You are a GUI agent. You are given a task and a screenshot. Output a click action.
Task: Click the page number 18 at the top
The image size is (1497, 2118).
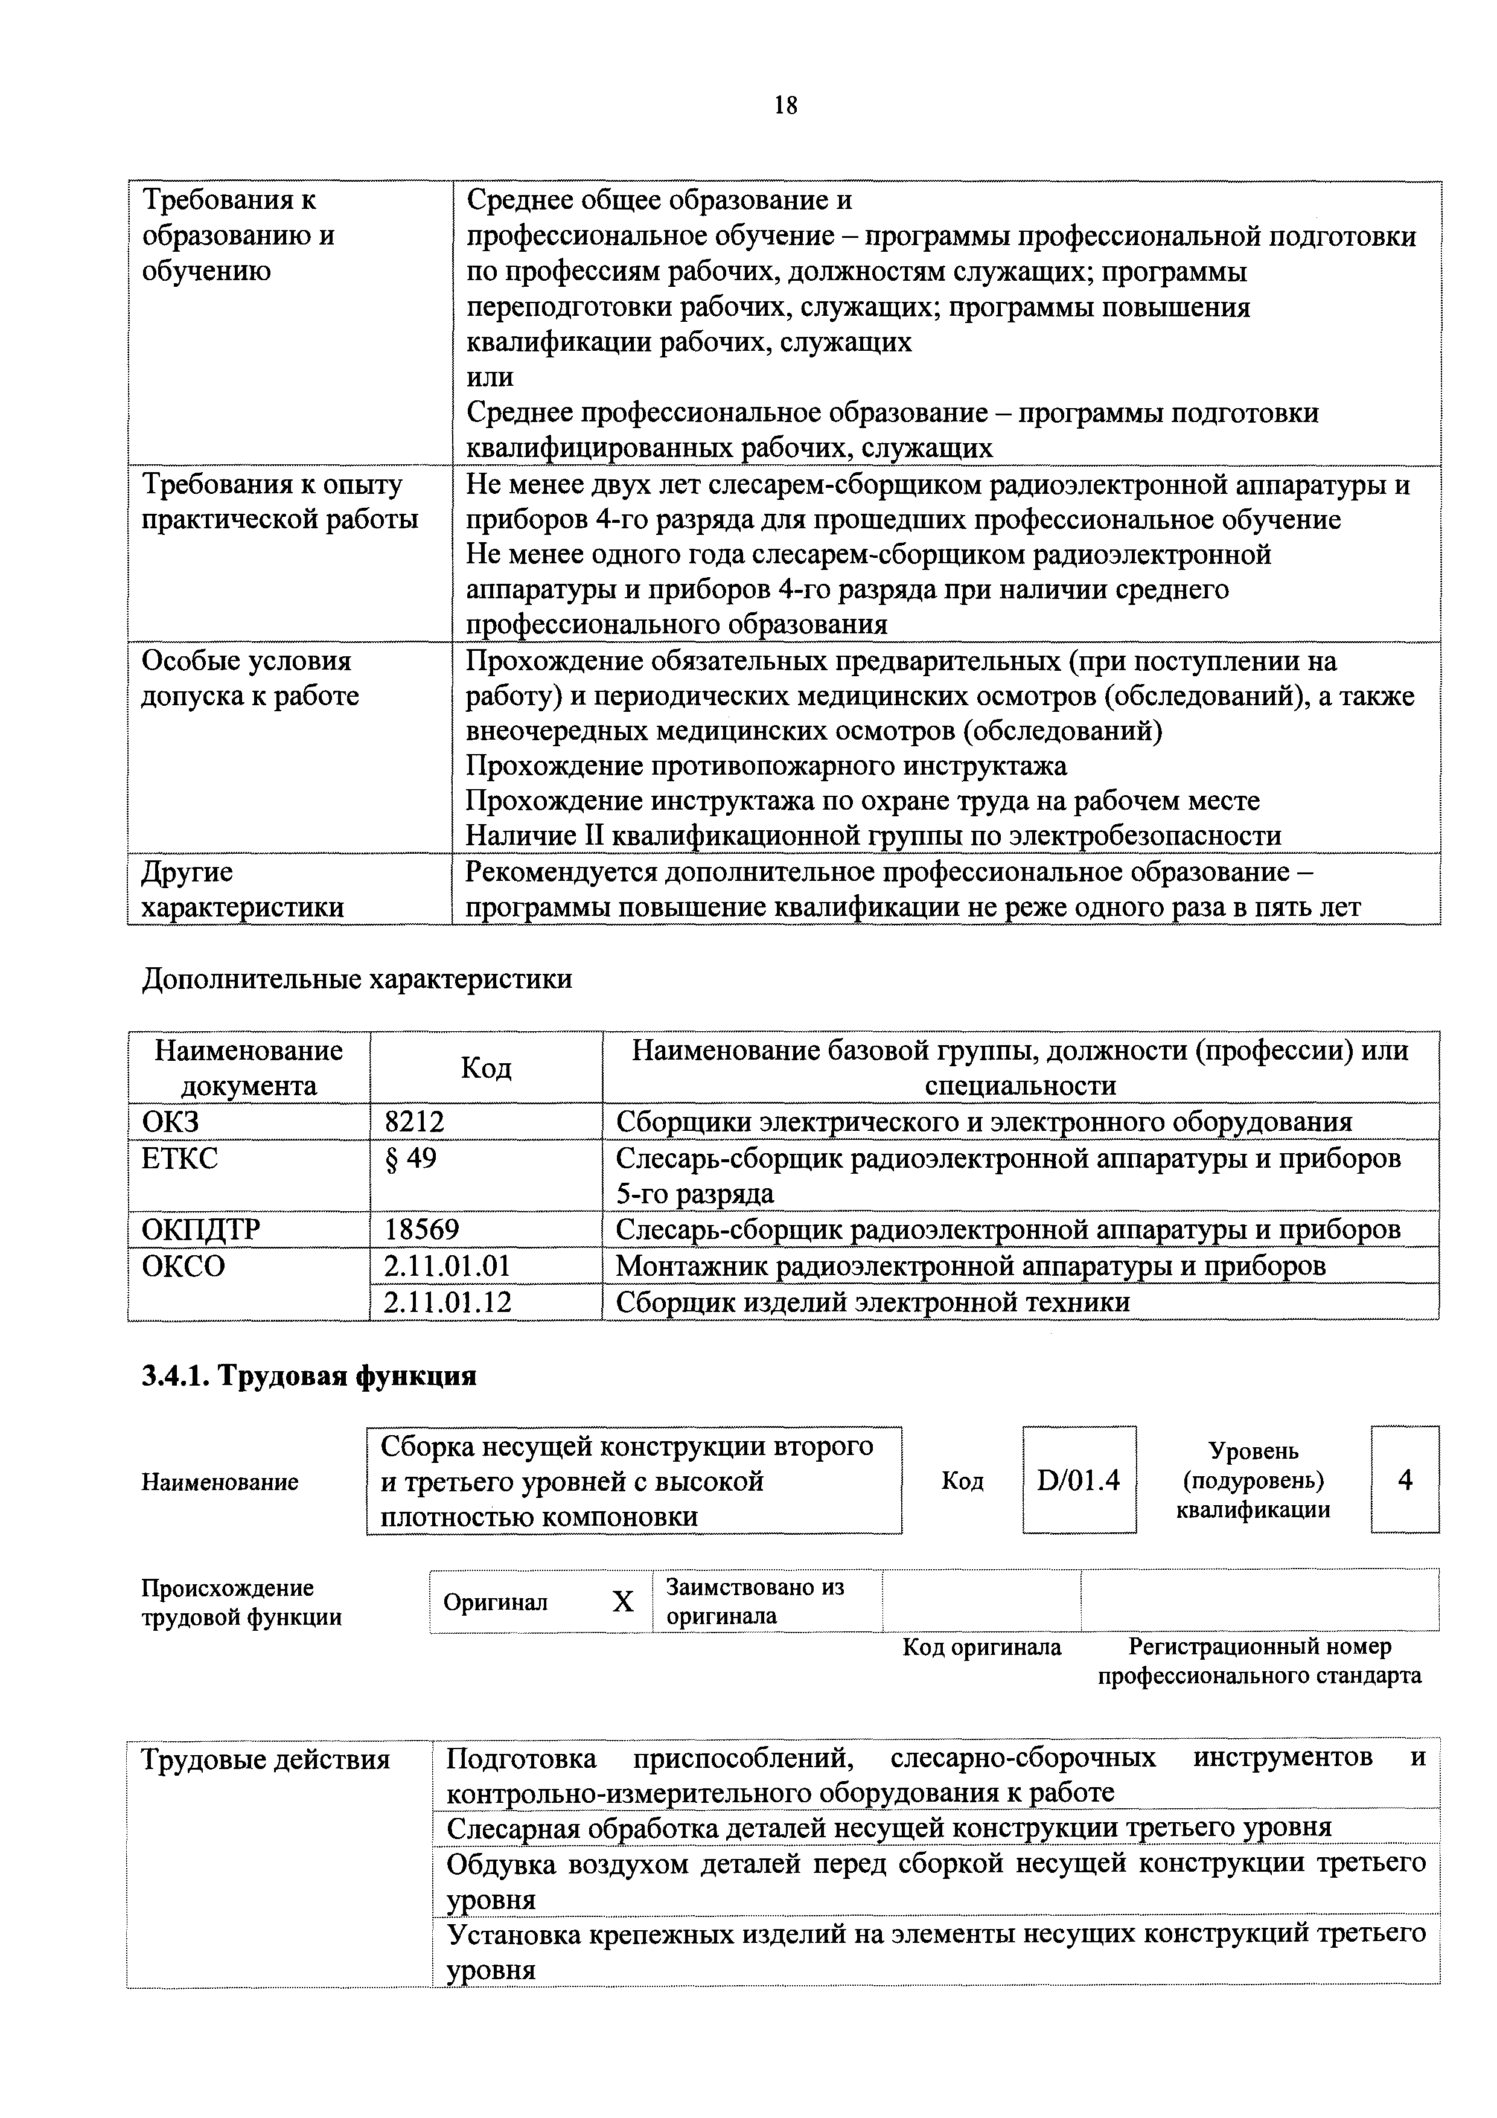pos(786,105)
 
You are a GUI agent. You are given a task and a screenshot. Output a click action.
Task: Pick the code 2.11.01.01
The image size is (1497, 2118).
pos(447,1265)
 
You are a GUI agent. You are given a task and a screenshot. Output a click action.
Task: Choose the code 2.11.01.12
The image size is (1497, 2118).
pos(447,1302)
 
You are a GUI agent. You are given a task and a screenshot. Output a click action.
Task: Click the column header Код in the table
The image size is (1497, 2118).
pos(486,1067)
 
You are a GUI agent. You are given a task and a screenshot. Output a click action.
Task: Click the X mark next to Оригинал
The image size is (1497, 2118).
pos(624,1602)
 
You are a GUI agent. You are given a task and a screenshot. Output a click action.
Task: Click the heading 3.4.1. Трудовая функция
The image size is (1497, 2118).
pos(309,1377)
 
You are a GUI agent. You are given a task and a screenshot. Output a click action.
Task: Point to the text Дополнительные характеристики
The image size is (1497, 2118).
pos(356,979)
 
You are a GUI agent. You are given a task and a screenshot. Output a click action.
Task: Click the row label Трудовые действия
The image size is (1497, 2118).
pos(266,1760)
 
